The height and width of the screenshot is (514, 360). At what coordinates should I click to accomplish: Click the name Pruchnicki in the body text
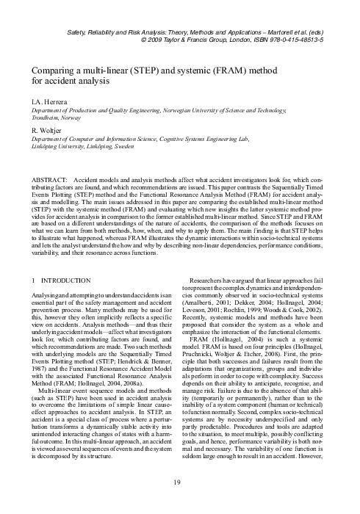pos(207,344)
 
